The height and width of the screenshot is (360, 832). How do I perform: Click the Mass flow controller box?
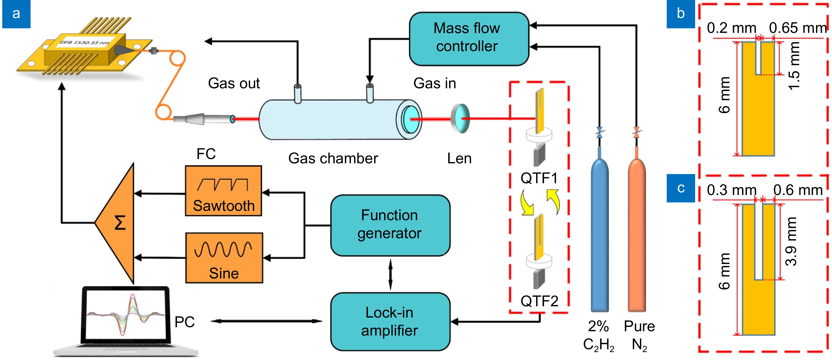coord(469,38)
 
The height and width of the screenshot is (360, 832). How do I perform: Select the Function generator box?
coord(390,225)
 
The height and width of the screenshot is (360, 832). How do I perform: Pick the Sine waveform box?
coord(224,258)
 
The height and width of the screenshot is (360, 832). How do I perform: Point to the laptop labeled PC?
coord(126,320)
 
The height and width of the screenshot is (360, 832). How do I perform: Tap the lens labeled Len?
coord(461,118)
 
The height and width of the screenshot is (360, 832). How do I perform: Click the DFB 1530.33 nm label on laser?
coord(85,42)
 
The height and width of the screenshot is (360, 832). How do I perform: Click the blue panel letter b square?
coord(681,14)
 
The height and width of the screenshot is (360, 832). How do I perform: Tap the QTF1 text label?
coord(539,178)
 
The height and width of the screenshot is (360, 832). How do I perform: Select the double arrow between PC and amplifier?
coord(266,321)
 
